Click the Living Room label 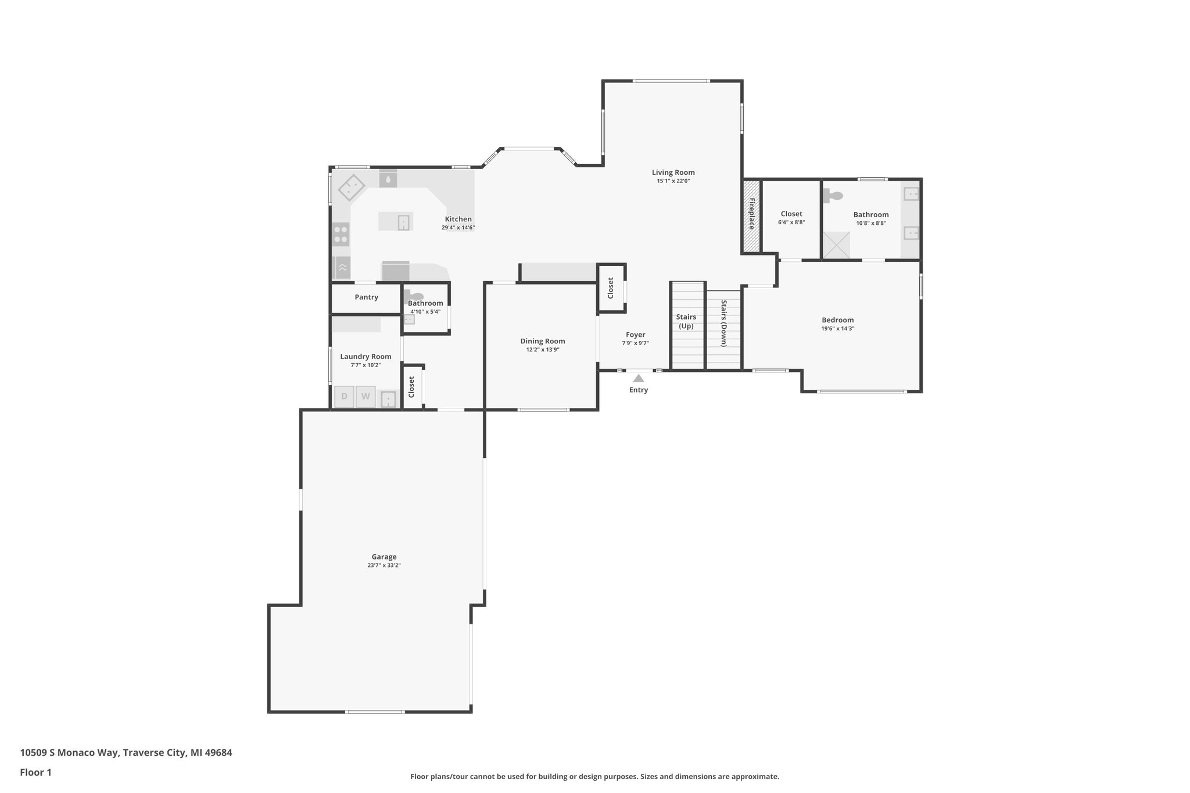[673, 173]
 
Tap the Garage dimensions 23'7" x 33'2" [384, 565]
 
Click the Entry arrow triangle [638, 378]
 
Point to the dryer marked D [344, 396]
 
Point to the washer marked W [365, 396]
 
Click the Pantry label [366, 297]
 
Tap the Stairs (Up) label [686, 321]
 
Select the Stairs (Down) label [724, 323]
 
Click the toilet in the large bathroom [833, 196]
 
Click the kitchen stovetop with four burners [341, 234]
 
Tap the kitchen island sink [403, 223]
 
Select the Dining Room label [542, 341]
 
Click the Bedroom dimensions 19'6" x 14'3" [837, 328]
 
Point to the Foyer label [635, 335]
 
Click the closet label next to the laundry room [411, 387]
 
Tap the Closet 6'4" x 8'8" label [791, 214]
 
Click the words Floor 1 [35, 772]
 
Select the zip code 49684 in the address [216, 752]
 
